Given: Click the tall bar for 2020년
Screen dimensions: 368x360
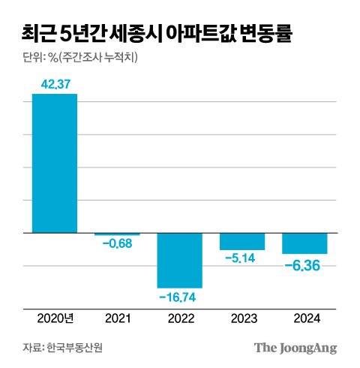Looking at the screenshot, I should click(x=55, y=163).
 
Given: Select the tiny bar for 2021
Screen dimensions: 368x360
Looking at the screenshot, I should click(x=117, y=234).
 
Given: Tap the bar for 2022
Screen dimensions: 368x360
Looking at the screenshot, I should click(x=179, y=260).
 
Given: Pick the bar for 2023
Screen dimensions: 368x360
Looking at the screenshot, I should click(x=241, y=241).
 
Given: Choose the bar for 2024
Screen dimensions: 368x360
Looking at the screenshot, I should click(x=304, y=243).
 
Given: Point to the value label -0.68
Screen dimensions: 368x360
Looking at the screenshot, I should click(x=117, y=243).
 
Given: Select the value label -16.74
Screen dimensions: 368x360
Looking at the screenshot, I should click(x=179, y=297).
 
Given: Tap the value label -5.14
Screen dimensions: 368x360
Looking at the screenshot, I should click(x=241, y=258).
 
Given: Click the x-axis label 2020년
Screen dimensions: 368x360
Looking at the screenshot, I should click(x=55, y=318).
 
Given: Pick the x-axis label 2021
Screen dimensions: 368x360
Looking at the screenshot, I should click(x=117, y=318).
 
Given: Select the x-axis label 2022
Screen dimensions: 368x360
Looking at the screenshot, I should click(x=179, y=318).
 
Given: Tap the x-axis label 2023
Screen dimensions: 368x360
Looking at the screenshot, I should click(x=241, y=318).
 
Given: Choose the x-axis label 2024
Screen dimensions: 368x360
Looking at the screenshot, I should click(x=304, y=318).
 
